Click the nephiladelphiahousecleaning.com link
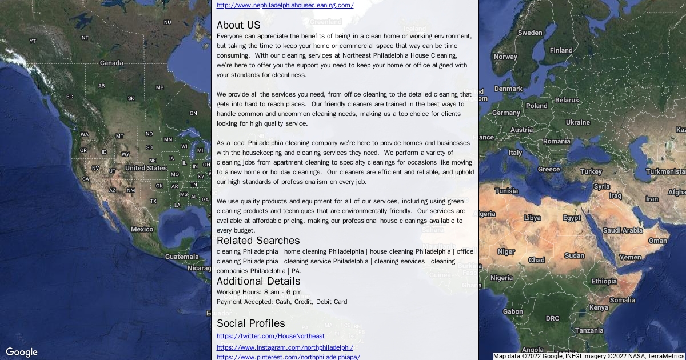(x=285, y=5)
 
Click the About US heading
(x=238, y=25)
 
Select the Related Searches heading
(x=258, y=241)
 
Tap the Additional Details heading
(x=258, y=281)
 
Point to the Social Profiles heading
(x=250, y=323)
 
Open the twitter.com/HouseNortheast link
(x=270, y=336)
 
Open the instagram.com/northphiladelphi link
(x=285, y=347)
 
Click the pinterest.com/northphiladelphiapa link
(x=288, y=357)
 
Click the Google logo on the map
(x=22, y=352)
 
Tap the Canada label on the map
(x=111, y=63)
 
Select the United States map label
(x=146, y=168)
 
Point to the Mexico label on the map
(x=142, y=229)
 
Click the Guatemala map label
(x=182, y=257)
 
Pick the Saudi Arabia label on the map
(x=623, y=230)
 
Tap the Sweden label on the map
(x=530, y=33)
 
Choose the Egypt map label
(x=572, y=218)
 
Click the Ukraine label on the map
(x=577, y=122)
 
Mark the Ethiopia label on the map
(x=604, y=281)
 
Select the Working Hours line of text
(x=259, y=292)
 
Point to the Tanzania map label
(x=589, y=330)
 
